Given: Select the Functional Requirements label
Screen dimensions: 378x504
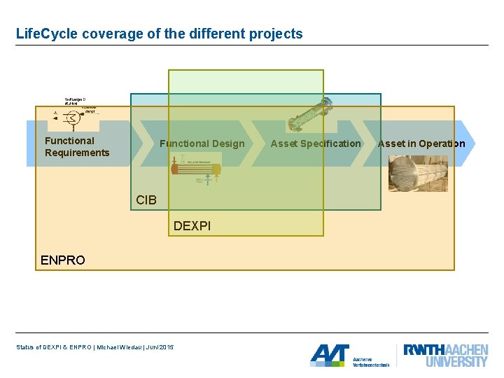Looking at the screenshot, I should (77, 147).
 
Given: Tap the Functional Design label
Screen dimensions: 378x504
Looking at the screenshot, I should (202, 143).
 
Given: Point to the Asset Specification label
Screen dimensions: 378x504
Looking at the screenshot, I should (316, 143).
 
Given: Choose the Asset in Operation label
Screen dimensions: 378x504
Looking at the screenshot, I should (421, 143).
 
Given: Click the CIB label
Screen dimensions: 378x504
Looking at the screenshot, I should (146, 200).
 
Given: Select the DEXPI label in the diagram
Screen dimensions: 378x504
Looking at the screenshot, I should (192, 225).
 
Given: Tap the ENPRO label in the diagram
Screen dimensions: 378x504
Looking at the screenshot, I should (63, 260).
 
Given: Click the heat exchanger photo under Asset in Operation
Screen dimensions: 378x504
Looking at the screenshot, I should (418, 173).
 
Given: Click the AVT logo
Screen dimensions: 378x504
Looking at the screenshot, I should (329, 356).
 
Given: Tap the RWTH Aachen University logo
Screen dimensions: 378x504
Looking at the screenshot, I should (445, 355).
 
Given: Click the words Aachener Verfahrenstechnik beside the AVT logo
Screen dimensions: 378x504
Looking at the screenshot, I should (370, 361).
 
